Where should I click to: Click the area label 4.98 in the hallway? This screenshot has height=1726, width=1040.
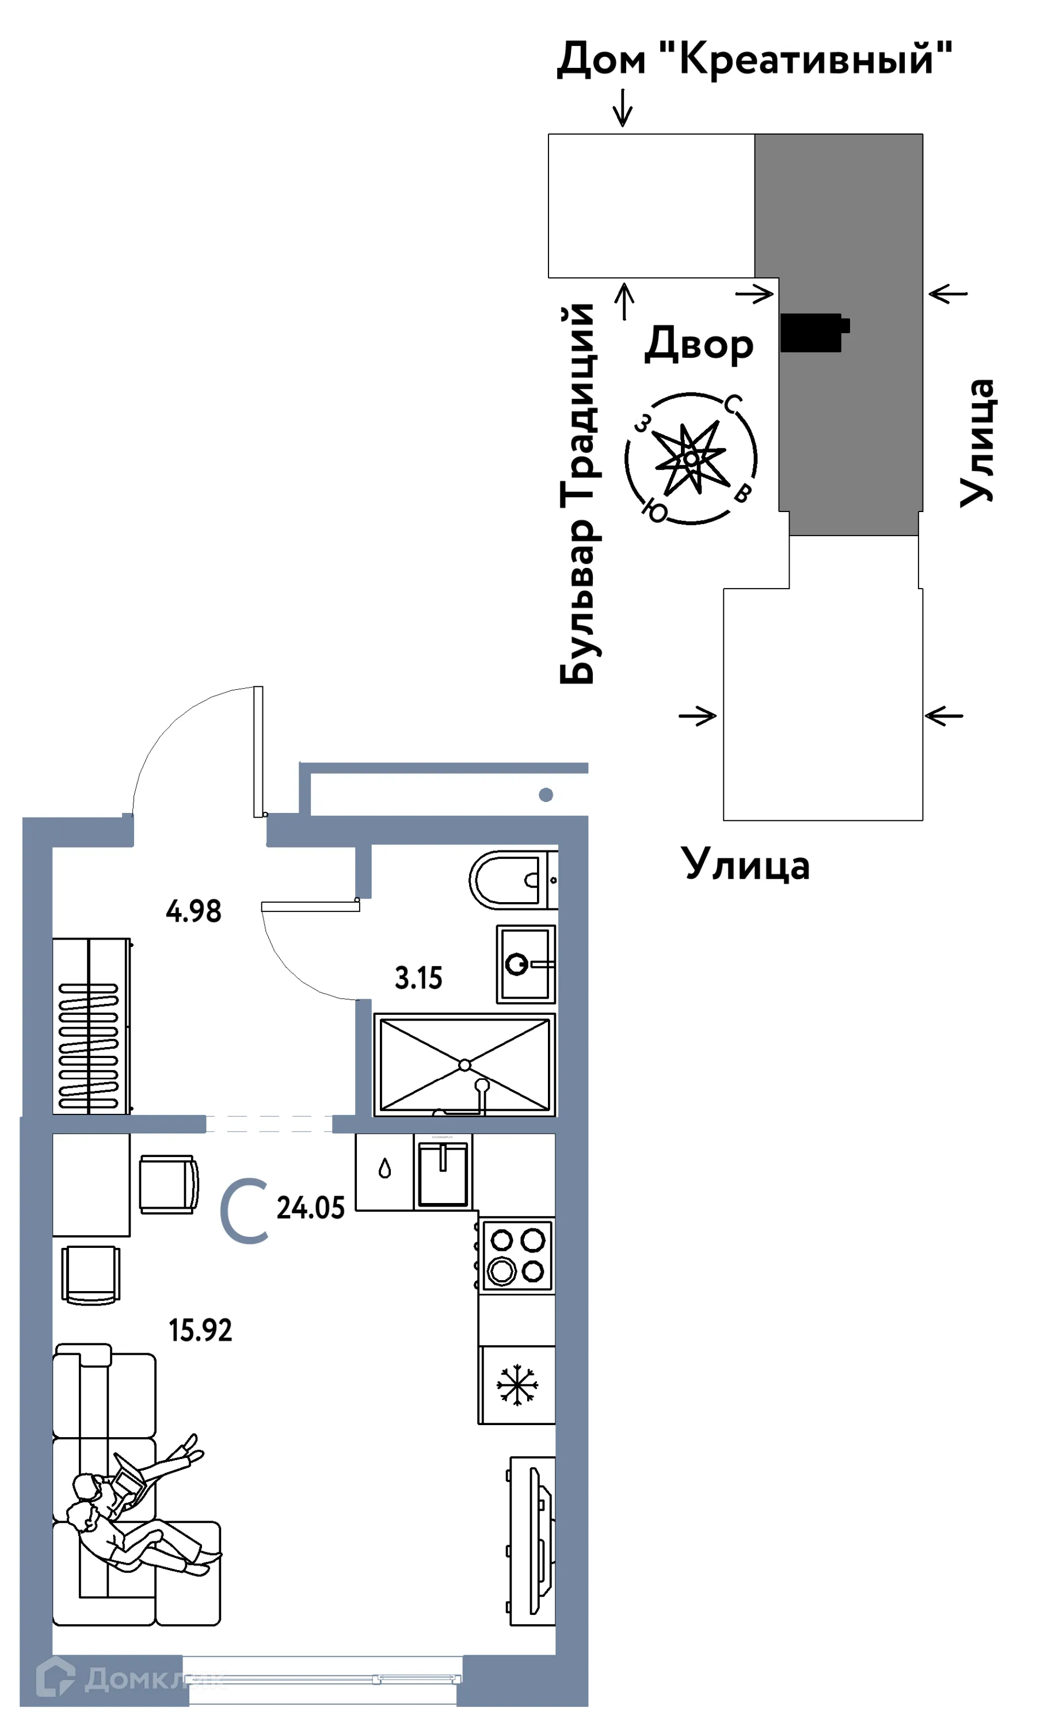(x=193, y=911)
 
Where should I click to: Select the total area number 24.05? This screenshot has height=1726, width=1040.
(x=310, y=1208)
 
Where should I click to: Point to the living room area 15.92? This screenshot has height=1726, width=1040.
(x=200, y=1330)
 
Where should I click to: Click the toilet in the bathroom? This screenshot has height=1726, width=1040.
(x=512, y=880)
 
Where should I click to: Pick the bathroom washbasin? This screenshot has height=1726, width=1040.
(x=525, y=965)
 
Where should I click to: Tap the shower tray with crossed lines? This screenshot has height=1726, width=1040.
(x=464, y=1065)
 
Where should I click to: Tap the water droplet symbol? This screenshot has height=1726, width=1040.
(x=384, y=1169)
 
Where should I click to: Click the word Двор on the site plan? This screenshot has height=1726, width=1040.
(x=699, y=345)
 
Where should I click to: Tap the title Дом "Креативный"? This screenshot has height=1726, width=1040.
(x=754, y=59)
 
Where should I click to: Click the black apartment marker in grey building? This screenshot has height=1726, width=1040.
(x=813, y=331)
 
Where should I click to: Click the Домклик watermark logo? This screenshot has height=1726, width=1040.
(x=129, y=1678)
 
